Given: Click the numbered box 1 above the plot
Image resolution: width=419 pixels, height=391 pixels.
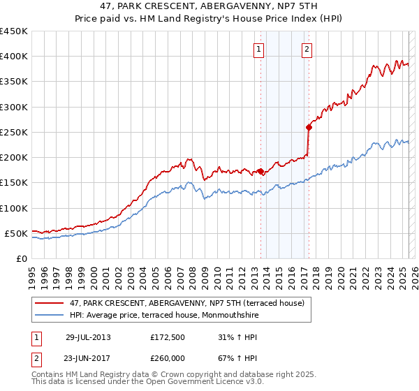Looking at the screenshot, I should point(259,49).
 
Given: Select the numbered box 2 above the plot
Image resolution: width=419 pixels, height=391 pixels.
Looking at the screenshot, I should point(307,49).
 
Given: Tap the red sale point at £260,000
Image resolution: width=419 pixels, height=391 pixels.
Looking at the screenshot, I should point(308,127).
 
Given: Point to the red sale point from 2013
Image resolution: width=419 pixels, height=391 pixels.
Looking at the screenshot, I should point(260,171).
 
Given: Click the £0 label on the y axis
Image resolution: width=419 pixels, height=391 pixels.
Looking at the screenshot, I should point(21,258).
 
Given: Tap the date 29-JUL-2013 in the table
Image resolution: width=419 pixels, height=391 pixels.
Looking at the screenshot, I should point(88,337).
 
